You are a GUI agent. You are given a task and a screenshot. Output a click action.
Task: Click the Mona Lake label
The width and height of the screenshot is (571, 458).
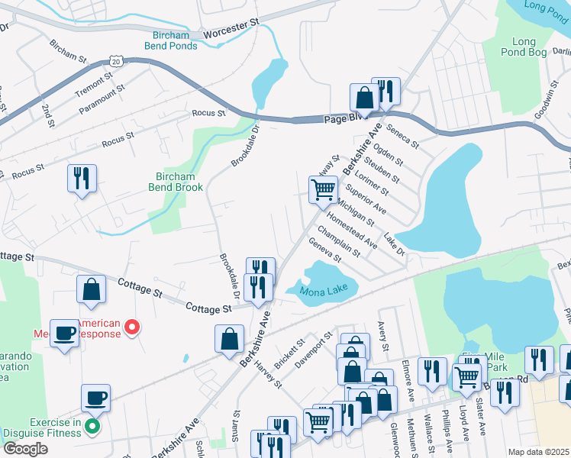coord(324,292)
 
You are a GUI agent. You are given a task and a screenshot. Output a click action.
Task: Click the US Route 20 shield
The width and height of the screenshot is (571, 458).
coord(115,60)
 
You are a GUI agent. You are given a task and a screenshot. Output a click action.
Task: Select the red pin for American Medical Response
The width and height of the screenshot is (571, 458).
coord(132,328)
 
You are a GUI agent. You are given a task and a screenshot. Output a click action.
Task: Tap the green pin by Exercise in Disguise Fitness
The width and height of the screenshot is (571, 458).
coord(92,427)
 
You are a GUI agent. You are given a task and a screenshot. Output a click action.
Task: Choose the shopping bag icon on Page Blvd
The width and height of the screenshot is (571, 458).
coord(364,98)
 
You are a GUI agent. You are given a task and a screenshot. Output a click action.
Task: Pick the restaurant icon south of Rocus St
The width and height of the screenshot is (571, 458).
coord(82,179)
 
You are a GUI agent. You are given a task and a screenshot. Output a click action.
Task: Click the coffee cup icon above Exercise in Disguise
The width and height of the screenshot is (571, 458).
coord(96,398)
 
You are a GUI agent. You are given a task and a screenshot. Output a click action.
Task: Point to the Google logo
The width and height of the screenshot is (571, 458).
coord(25,449)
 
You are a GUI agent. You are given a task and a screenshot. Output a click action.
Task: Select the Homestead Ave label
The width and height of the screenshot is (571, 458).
coord(352,231)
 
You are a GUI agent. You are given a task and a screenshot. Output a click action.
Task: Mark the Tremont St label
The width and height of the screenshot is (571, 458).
coord(94,83)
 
